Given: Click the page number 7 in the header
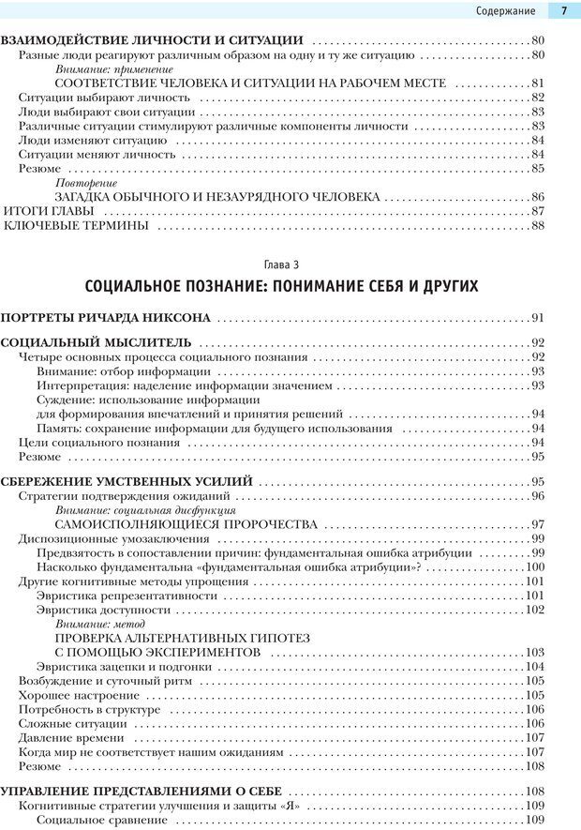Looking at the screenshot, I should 564,11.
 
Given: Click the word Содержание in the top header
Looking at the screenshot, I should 505,11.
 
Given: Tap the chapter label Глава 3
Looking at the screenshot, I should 290,264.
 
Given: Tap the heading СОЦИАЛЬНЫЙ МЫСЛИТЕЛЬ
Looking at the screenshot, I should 96,342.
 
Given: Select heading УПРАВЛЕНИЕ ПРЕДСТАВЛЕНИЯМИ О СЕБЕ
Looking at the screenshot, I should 147,791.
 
